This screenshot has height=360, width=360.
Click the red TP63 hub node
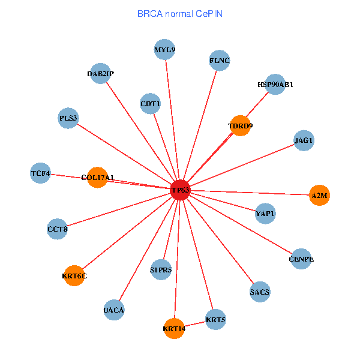[180, 190]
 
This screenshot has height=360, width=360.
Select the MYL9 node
[164, 50]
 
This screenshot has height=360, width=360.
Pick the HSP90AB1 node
[275, 85]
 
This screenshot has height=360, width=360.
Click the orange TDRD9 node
[240, 125]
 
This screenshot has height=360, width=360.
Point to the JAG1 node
[304, 140]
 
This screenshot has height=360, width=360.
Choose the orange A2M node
[320, 196]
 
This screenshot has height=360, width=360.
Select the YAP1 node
[265, 214]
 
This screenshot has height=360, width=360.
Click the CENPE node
[301, 259]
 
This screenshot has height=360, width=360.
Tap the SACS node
[260, 292]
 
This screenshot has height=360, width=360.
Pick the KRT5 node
[215, 319]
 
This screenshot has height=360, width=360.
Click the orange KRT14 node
[174, 328]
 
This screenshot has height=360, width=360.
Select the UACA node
[113, 310]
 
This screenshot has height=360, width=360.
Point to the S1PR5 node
[161, 269]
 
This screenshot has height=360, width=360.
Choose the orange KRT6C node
[74, 276]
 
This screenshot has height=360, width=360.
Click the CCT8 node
[58, 229]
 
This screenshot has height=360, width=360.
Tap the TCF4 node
[40, 173]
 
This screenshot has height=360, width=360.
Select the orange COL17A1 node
[97, 177]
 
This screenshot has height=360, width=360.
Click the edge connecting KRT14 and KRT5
[195, 323]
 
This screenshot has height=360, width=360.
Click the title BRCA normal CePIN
[180, 13]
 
